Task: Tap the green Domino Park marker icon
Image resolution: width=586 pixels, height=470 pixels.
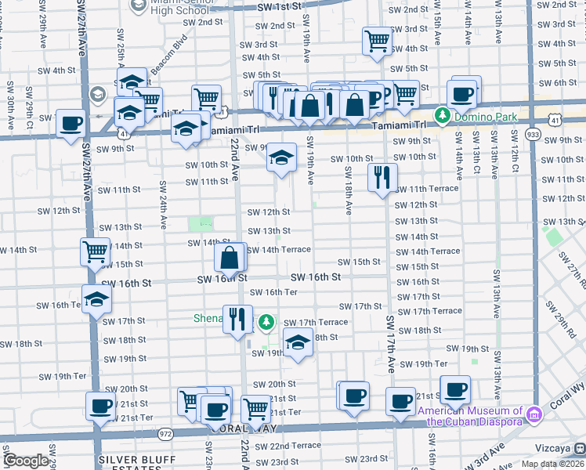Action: [442, 116]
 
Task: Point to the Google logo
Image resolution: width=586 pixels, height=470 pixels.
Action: [26, 461]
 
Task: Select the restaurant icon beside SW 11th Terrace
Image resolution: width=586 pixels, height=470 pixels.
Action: [382, 177]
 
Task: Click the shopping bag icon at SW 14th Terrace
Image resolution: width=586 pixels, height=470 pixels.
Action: [229, 257]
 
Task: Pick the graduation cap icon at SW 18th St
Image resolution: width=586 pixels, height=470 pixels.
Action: [298, 342]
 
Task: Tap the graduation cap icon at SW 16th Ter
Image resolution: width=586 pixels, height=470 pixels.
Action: [96, 300]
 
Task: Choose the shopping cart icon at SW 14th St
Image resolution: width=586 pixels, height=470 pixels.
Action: [95, 252]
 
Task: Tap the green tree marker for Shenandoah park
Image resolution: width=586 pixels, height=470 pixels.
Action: [266, 322]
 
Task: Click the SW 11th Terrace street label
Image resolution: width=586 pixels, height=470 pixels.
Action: [427, 189]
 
